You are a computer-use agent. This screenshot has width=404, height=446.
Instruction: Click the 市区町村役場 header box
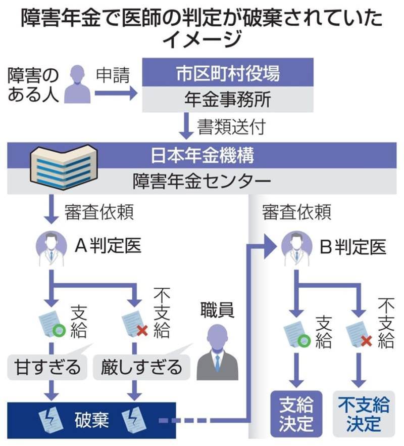point(228,72)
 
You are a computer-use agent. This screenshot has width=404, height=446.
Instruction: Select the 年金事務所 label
point(228,99)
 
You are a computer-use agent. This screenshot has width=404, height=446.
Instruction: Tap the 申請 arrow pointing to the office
point(116,93)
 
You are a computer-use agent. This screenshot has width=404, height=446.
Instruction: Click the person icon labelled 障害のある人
point(77,84)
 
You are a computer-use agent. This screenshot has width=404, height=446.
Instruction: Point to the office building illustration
point(64,167)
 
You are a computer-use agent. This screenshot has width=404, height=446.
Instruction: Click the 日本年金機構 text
point(202,155)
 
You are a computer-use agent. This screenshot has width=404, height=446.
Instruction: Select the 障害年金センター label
point(201,181)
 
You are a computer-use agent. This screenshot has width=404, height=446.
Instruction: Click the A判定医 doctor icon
point(51,248)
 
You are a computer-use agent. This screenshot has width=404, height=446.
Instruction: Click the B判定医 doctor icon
point(296,248)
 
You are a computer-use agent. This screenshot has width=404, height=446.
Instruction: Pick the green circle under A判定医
point(59,330)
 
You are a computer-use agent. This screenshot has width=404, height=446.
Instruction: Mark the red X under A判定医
point(142,330)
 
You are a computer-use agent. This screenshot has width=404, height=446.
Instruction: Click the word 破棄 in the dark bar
point(91,420)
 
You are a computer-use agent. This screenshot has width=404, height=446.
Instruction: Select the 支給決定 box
point(296,414)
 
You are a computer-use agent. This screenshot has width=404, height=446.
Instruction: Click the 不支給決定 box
point(364,414)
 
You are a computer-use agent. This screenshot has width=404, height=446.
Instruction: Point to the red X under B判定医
point(366,341)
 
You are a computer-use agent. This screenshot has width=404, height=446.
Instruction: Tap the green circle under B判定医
point(304,341)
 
